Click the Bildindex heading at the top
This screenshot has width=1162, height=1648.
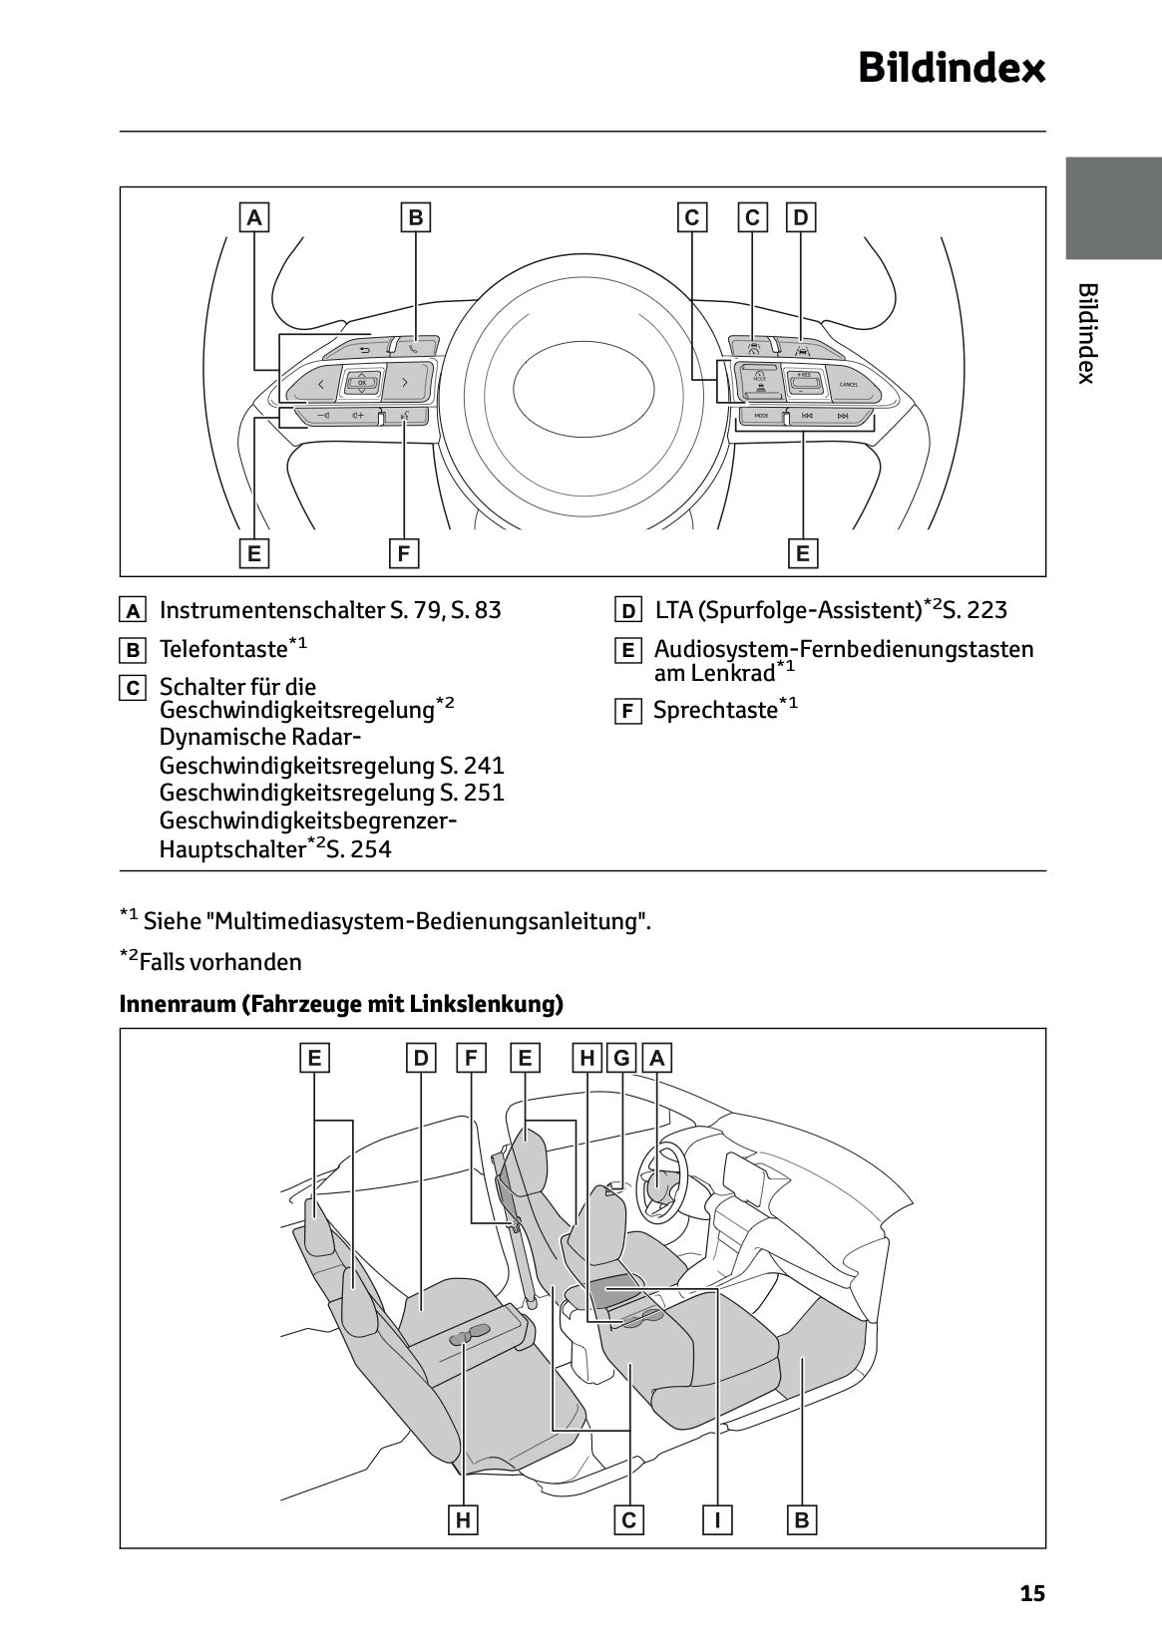[952, 68]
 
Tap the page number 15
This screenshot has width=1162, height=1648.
[1032, 1593]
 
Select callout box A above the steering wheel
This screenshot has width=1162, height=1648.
[254, 217]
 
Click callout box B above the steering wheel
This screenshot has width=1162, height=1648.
[416, 217]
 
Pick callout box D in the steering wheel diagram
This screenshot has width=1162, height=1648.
[801, 217]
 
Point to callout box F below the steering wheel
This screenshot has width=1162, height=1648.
[403, 553]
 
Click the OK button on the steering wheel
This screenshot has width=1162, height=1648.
[362, 383]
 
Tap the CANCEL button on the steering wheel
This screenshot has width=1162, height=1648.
[849, 384]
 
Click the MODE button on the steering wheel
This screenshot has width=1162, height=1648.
[761, 416]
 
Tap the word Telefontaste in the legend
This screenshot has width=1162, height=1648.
[223, 649]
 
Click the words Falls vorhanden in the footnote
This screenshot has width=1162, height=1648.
[220, 962]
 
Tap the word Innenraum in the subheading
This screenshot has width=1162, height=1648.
[176, 1004]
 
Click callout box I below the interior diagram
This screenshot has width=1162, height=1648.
[717, 1519]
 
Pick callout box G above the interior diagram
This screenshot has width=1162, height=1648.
[622, 1058]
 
